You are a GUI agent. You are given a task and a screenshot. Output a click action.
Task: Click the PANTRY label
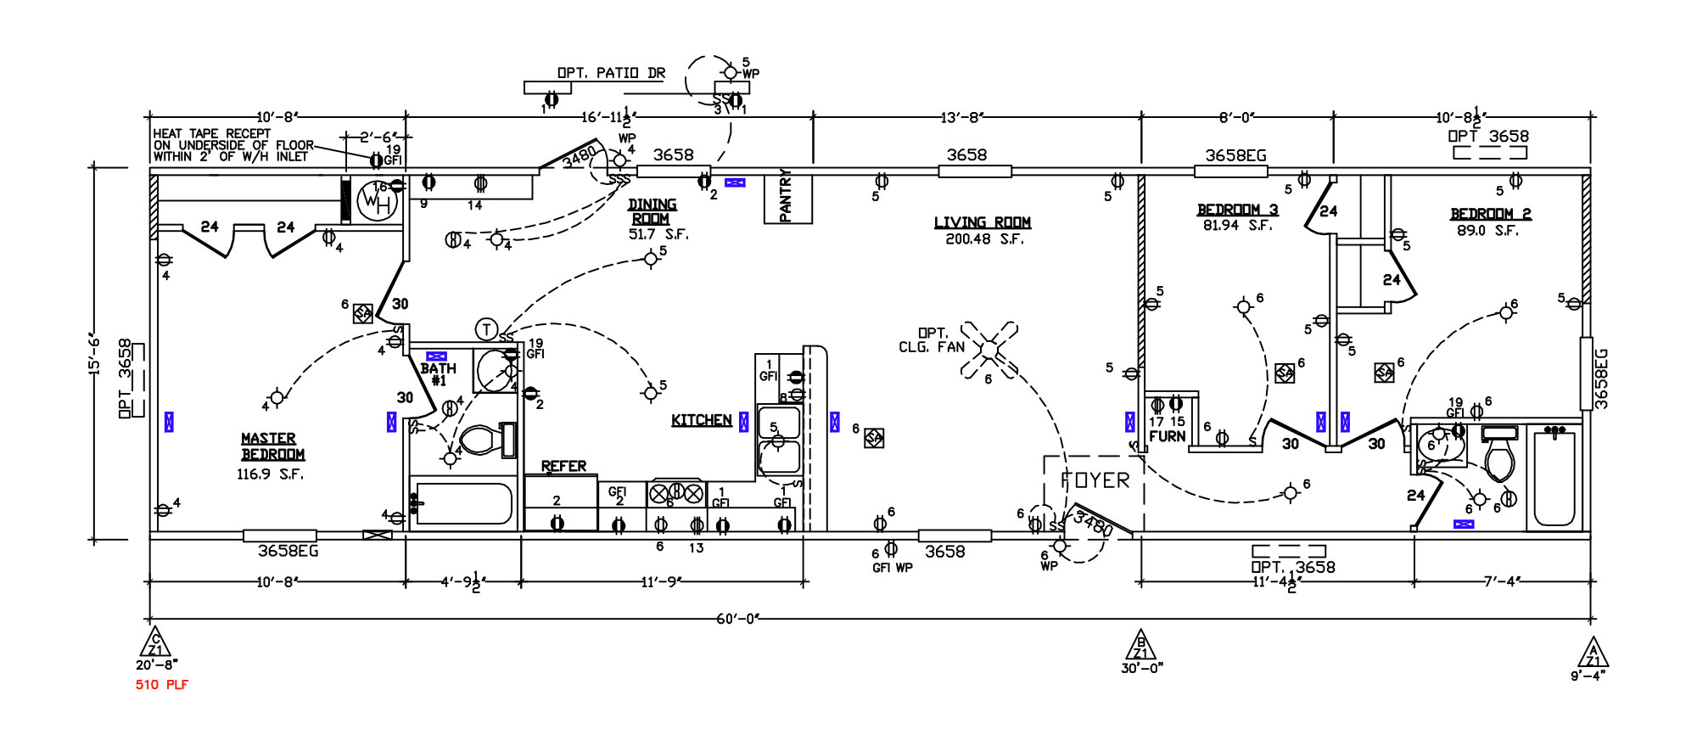coord(786,197)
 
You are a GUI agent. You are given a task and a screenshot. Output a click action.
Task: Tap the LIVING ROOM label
coord(983,222)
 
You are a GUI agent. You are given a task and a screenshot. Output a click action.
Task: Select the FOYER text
coord(1095,480)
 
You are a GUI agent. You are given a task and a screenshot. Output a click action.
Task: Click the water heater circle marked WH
coord(377,202)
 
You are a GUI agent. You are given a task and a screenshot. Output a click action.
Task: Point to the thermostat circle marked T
coord(486,328)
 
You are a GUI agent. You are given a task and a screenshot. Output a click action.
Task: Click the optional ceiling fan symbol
coord(989,349)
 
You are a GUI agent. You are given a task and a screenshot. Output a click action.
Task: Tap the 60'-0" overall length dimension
coord(736,619)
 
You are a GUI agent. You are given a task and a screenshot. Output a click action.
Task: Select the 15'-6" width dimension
coord(95,354)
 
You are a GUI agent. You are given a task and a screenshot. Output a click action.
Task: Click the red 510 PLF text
coord(162,685)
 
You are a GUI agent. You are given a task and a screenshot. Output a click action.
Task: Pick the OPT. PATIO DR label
coord(611,73)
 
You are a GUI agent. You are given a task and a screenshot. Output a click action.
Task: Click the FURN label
coord(1167,436)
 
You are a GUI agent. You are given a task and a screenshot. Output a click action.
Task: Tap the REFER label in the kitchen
coord(563,466)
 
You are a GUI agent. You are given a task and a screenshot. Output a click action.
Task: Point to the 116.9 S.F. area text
coord(270,474)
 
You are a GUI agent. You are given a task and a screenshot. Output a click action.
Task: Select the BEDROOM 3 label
coord(1237,210)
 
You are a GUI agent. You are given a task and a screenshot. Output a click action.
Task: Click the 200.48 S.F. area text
coord(984,239)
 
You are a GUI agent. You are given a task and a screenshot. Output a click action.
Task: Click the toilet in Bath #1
coord(480,440)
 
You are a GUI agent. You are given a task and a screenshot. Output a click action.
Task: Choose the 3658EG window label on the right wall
coord(1601,379)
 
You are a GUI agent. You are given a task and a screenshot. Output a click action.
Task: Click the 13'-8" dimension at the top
coord(962,117)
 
